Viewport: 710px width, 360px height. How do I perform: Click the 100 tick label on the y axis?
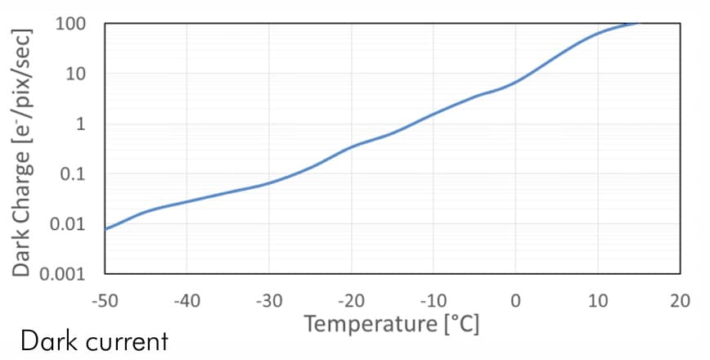point(70,23)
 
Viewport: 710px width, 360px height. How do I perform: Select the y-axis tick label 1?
point(81,124)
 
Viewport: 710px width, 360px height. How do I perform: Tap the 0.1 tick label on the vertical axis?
point(74,173)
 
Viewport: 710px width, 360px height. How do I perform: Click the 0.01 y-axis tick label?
point(70,224)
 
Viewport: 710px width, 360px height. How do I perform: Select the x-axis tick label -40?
point(186,301)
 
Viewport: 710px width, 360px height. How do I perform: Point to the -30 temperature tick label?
point(268,301)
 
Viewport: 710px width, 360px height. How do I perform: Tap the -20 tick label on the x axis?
point(351,301)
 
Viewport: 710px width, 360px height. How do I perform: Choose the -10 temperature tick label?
point(433,301)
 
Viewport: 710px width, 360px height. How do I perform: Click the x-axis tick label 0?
point(515,301)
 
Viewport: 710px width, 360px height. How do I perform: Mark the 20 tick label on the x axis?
point(679,301)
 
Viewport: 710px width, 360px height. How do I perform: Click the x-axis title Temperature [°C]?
point(392,324)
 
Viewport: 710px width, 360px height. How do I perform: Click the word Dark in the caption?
point(47,340)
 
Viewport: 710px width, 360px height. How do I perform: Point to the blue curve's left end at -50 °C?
point(106,228)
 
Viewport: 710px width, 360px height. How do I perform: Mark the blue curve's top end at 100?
point(636,24)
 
